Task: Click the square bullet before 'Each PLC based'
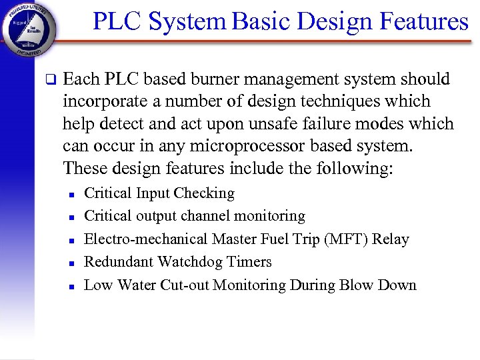pyautogui.click(x=49, y=80)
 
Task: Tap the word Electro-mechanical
pyautogui.click(x=146, y=239)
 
